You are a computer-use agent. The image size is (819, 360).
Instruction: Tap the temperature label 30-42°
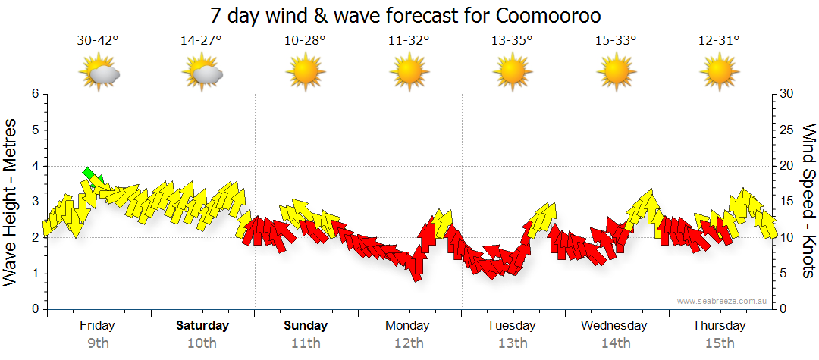point(98,41)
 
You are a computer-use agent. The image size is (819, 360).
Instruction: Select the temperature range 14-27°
point(201,41)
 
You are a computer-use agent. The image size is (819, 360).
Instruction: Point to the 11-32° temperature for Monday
point(409,41)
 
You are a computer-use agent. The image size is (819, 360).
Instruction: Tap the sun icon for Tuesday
point(513,74)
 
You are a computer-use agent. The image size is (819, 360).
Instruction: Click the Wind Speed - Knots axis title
point(808,202)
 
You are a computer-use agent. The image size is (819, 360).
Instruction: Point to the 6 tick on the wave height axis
point(34,94)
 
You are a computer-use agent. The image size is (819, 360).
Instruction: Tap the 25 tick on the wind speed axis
point(786,130)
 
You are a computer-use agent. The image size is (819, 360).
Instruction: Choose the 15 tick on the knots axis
point(786,202)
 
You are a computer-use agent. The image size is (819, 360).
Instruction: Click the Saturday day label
point(202,326)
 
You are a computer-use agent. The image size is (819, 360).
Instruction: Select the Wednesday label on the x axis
point(614,326)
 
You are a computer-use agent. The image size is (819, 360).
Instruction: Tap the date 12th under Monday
point(409,343)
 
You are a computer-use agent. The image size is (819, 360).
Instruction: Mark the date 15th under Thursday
point(719,343)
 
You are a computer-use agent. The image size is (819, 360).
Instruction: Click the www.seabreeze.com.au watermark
point(723,301)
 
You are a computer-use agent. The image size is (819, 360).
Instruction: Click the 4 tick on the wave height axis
point(34,166)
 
